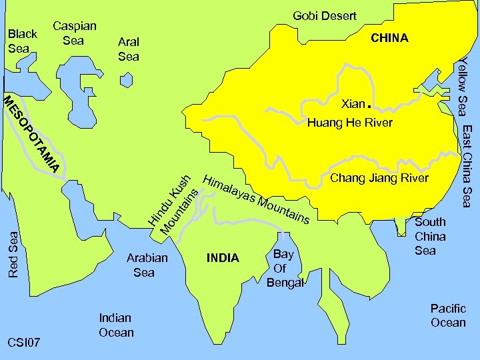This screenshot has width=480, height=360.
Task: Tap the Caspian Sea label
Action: click(75, 33)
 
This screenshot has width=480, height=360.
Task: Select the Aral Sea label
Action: click(129, 49)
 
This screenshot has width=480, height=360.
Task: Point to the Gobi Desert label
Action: click(325, 15)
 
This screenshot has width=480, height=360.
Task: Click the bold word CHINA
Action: click(389, 38)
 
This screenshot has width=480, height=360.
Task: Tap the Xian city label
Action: click(353, 104)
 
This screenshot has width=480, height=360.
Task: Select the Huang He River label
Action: click(349, 123)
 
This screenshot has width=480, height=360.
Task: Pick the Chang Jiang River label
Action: click(379, 178)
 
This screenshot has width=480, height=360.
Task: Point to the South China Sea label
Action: click(430, 236)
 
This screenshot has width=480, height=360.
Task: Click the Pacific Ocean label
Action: click(448, 315)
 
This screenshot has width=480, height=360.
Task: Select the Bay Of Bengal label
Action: click(285, 268)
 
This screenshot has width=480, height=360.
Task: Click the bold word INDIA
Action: click(223, 258)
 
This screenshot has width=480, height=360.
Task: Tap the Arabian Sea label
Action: click(147, 265)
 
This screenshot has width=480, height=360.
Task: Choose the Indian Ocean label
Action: click(116, 325)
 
